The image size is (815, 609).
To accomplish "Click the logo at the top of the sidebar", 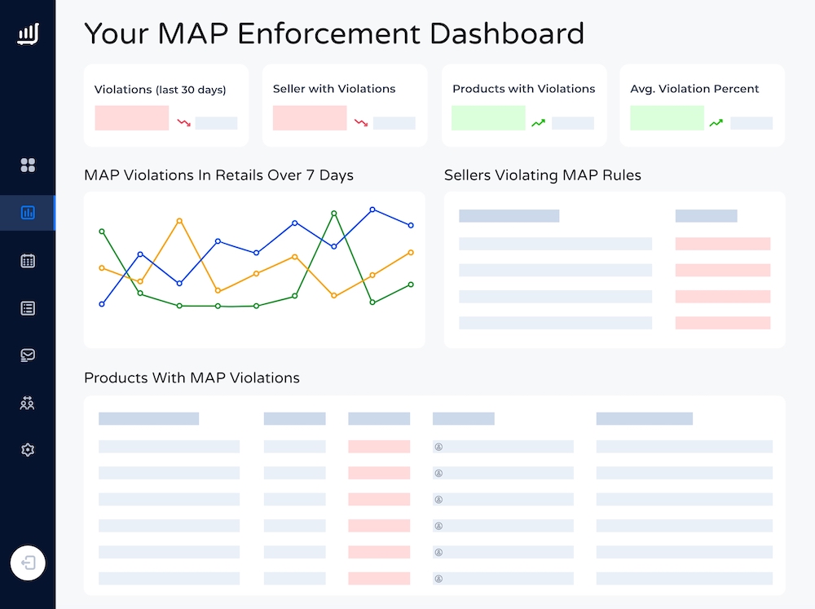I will point(28,34).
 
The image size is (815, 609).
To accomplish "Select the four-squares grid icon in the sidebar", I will point(28,165).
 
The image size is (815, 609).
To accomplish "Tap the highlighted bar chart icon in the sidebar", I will point(28,213).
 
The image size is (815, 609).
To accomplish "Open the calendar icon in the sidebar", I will point(28,261).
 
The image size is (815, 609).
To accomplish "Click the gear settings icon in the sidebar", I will point(28,449).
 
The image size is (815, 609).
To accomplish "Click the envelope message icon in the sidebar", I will point(28,355).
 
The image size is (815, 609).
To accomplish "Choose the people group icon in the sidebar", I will point(28,403).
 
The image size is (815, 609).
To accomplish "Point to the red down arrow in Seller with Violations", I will point(361,123).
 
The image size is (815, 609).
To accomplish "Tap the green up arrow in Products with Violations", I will point(539,123).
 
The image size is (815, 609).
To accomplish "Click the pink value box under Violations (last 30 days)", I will point(131,118).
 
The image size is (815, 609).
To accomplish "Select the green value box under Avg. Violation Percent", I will point(667,118).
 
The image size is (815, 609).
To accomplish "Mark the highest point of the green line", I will point(334,214).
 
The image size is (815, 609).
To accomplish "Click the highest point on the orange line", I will point(179,221).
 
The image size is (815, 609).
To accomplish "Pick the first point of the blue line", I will point(102,304).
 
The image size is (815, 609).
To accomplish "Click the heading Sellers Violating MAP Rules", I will point(543,175).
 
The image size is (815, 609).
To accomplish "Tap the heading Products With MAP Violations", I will point(192,378).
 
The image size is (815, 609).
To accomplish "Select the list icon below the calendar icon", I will point(28,308).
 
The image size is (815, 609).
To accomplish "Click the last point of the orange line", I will point(411,253).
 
